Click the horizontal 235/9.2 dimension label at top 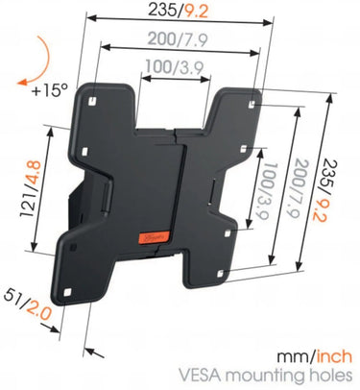click(x=178, y=11)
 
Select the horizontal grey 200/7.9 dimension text click(x=178, y=39)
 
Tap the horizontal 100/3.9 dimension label click(x=175, y=67)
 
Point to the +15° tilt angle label click(x=51, y=90)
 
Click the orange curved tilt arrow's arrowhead click(x=23, y=82)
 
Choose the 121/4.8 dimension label click(x=31, y=189)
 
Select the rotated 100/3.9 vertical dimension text click(x=263, y=190)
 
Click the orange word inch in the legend click(x=334, y=356)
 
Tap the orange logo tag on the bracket click(x=153, y=238)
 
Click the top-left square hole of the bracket click(x=91, y=101)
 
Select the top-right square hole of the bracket click(x=252, y=104)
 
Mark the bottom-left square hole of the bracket click(x=67, y=293)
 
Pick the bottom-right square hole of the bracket click(x=220, y=274)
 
